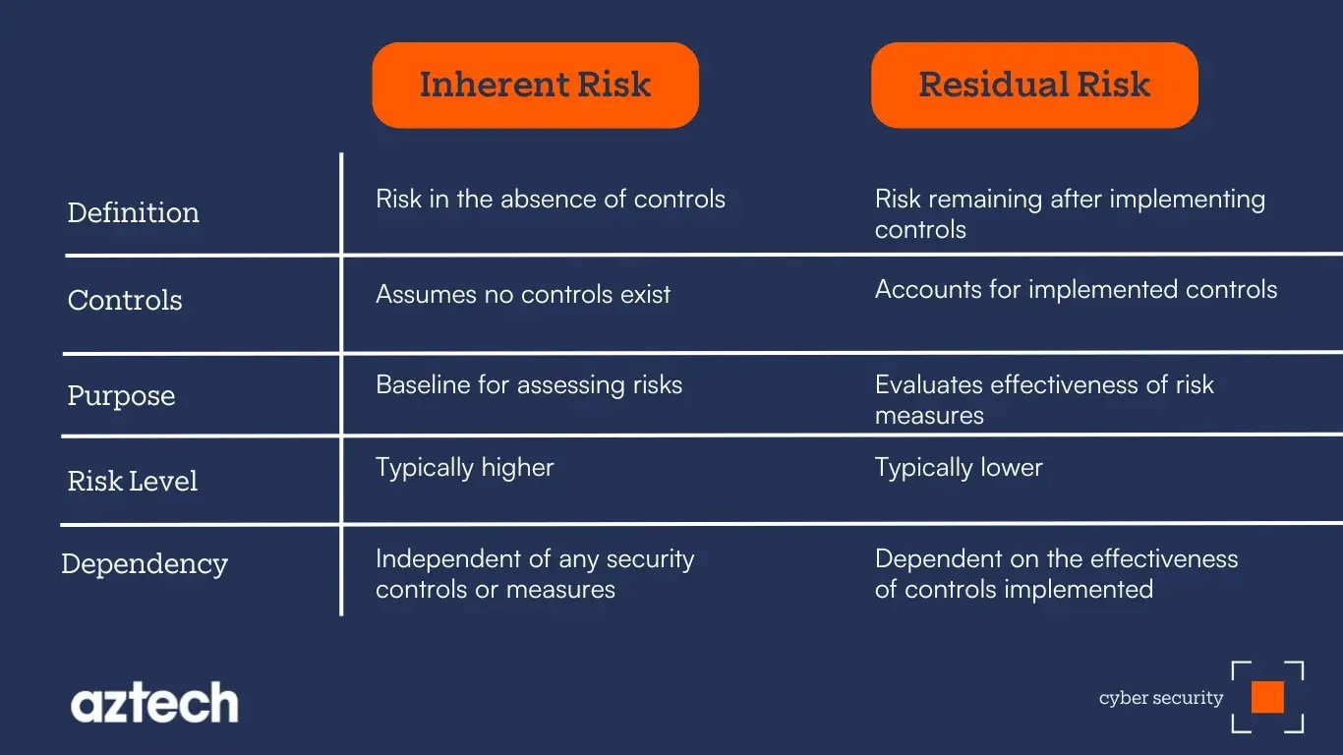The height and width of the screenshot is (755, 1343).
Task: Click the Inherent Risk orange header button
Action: click(x=535, y=85)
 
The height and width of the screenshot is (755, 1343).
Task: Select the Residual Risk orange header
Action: click(x=1034, y=85)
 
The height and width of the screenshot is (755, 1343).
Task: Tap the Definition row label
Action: click(x=133, y=212)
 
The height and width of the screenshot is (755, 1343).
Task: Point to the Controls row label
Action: click(x=125, y=300)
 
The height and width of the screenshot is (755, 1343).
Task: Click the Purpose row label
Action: click(x=121, y=395)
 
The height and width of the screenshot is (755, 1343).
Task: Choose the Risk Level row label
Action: click(x=133, y=481)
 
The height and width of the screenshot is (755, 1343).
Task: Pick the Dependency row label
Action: click(x=145, y=563)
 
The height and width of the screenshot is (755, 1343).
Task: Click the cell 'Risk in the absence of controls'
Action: click(x=551, y=199)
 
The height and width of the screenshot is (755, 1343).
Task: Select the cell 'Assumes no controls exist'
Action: click(x=523, y=294)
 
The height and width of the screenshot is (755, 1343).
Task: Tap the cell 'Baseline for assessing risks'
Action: click(x=529, y=384)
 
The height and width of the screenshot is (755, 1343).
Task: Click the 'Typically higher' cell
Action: click(x=464, y=467)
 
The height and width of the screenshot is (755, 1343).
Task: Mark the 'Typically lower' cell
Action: click(x=959, y=467)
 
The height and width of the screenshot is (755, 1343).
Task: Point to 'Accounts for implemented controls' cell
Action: click(x=1076, y=289)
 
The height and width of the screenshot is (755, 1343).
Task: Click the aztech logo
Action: click(x=154, y=703)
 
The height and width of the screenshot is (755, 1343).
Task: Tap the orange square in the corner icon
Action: click(x=1267, y=697)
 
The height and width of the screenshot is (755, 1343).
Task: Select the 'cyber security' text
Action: click(x=1160, y=698)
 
